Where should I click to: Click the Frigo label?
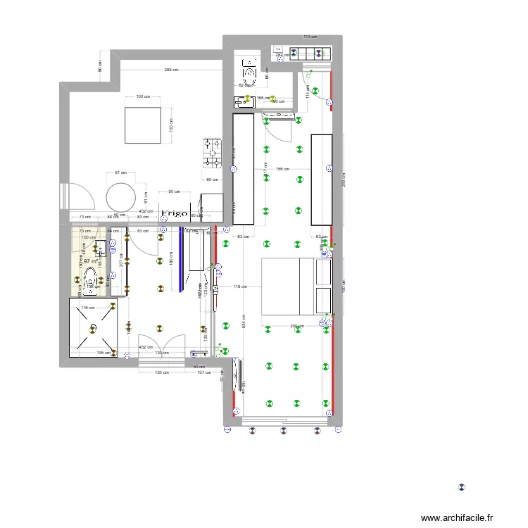click(x=174, y=213)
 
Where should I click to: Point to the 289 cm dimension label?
click(x=170, y=70)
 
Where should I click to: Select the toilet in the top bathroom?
click(x=250, y=73)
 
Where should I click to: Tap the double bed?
click(x=296, y=287)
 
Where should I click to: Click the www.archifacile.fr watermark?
click(x=458, y=517)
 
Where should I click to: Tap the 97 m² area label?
click(x=90, y=262)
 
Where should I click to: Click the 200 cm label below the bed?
click(x=296, y=326)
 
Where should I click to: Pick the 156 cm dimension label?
click(x=283, y=169)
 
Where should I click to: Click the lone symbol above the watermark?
click(x=462, y=486)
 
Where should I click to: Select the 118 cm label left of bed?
click(x=241, y=287)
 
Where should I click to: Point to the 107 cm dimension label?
click(x=204, y=372)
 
